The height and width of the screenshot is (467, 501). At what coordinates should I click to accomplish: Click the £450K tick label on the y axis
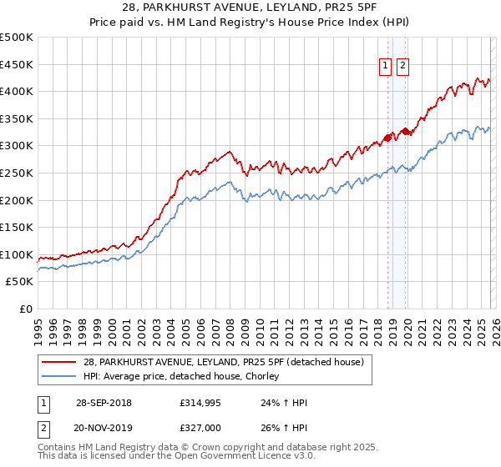tap(17, 64)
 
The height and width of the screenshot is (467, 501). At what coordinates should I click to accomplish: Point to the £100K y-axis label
tap(17, 254)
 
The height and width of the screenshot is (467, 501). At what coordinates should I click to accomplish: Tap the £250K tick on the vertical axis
tap(17, 173)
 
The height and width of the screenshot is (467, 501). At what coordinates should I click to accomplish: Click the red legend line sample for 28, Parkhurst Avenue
tap(60, 363)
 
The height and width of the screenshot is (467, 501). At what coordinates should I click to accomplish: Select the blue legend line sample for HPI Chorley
tap(60, 377)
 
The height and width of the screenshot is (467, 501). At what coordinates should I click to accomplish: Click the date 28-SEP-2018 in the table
tap(104, 403)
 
